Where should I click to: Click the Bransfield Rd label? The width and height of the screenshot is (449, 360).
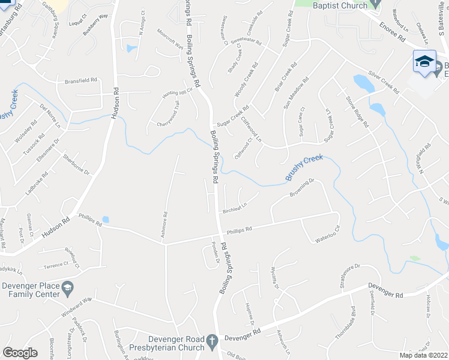(81, 80)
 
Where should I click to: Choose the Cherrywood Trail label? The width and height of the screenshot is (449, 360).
(168, 113)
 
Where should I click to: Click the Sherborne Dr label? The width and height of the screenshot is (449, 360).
(76, 164)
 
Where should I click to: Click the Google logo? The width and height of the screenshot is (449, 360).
(20, 353)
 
